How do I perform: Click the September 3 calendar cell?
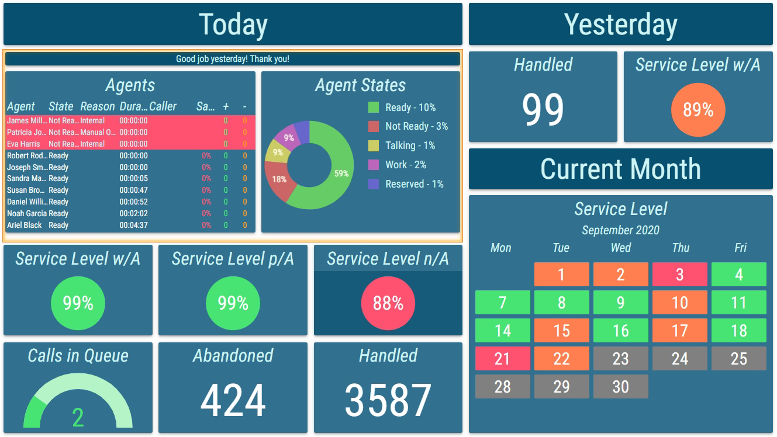pyautogui.click(x=679, y=275)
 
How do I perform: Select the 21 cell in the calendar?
pyautogui.click(x=502, y=359)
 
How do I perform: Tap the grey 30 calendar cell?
pyautogui.click(x=620, y=387)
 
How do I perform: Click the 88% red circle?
pyautogui.click(x=388, y=303)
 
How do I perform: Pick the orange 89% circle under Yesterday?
pyautogui.click(x=698, y=110)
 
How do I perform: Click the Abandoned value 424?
pyautogui.click(x=233, y=401)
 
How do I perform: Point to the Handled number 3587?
pyautogui.click(x=388, y=401)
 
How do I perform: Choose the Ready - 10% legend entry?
pyautogui.click(x=410, y=107)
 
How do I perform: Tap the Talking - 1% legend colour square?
pyautogui.click(x=374, y=145)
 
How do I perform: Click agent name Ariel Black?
pyautogui.click(x=25, y=225)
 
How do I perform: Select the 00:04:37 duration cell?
pyautogui.click(x=133, y=225)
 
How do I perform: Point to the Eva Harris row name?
pyautogui.click(x=23, y=144)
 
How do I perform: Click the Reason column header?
pyautogui.click(x=97, y=107)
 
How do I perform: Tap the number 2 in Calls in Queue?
pyautogui.click(x=78, y=417)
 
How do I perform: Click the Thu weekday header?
pyautogui.click(x=680, y=248)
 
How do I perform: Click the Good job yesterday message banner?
pyautogui.click(x=233, y=59)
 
